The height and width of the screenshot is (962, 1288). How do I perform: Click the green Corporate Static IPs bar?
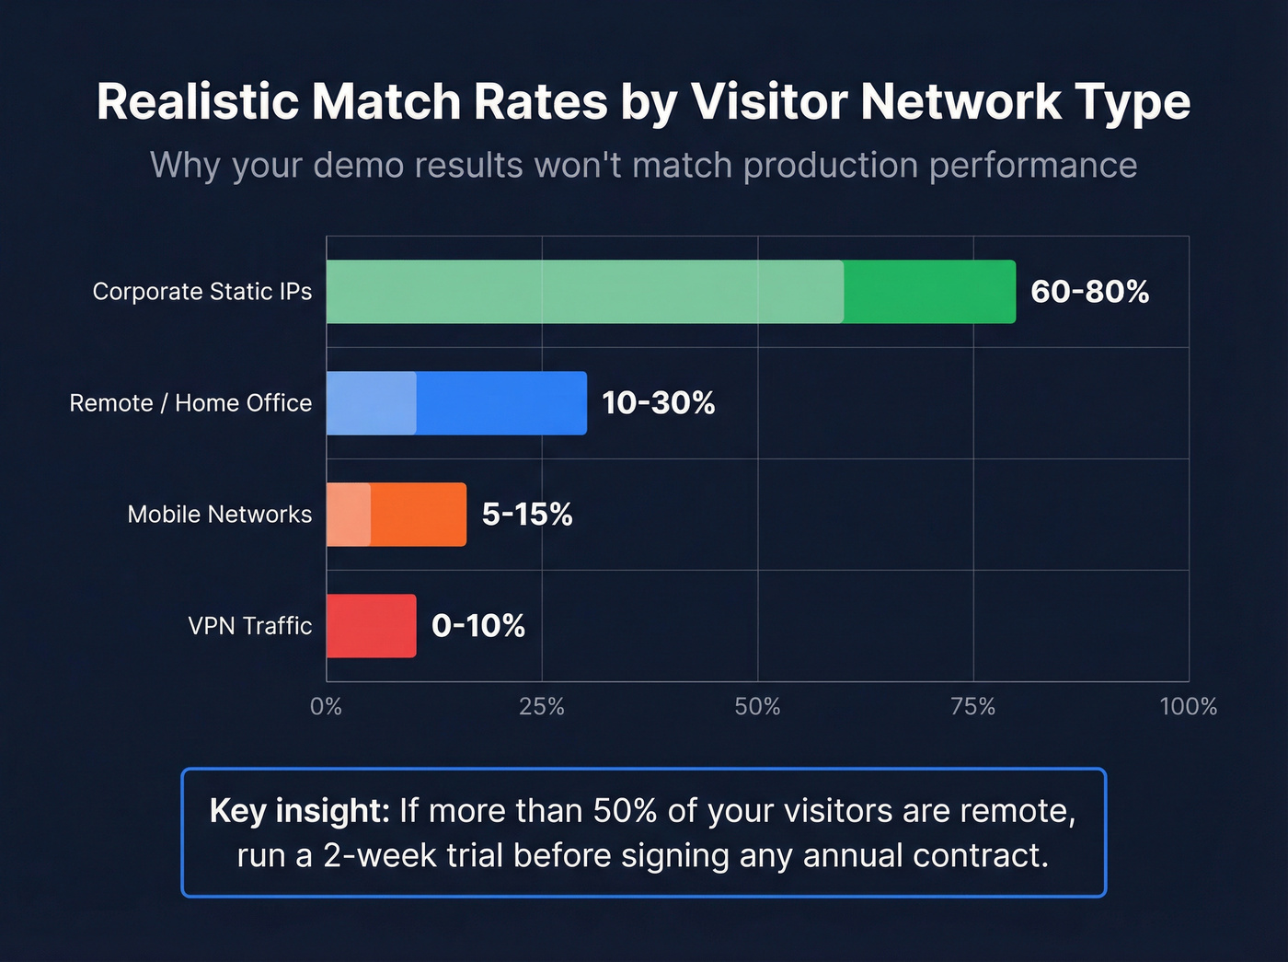click(671, 292)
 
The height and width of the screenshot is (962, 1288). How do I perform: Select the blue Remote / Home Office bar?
click(456, 403)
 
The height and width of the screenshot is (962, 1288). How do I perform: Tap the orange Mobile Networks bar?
click(397, 515)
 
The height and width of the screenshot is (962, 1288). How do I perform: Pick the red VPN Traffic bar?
click(371, 626)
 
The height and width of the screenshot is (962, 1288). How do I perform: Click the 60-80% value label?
click(1089, 292)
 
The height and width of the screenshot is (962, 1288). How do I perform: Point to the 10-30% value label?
click(658, 403)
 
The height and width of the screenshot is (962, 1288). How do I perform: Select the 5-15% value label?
click(527, 515)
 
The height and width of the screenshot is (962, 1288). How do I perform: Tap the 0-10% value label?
click(477, 626)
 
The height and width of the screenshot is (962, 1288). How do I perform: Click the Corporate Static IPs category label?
click(202, 292)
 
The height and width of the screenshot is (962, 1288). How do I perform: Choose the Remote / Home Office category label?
click(190, 403)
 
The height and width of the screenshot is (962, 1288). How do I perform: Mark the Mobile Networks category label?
click(220, 515)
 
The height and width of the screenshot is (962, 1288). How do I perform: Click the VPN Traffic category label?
click(250, 626)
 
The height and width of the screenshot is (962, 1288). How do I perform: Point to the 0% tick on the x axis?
click(326, 707)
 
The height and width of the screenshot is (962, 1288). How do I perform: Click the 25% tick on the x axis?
click(542, 707)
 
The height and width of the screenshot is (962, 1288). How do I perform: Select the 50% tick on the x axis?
click(757, 707)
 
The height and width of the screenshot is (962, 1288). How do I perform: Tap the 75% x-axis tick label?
click(973, 707)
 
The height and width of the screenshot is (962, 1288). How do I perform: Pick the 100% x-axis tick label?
click(1188, 707)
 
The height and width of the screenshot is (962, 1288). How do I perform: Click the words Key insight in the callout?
click(299, 811)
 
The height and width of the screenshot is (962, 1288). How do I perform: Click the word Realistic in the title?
click(198, 101)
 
